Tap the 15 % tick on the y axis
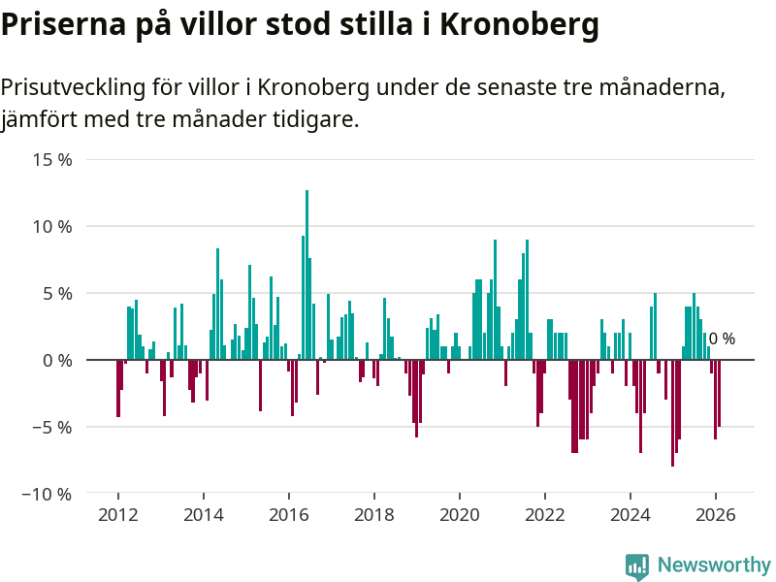click(x=50, y=160)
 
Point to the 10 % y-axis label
click(x=50, y=227)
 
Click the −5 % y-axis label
click(x=50, y=427)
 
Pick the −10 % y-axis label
click(x=47, y=494)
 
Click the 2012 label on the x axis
click(x=118, y=514)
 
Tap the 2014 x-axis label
click(x=204, y=514)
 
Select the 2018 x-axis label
click(x=374, y=514)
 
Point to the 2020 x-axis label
click(x=460, y=514)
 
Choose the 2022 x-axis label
click(x=545, y=514)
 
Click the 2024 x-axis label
click(x=630, y=514)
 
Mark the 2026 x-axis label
click(x=716, y=514)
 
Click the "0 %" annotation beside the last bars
click(x=722, y=339)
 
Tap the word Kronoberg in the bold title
click(x=520, y=25)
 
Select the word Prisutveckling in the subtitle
click(x=72, y=88)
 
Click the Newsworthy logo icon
click(x=637, y=566)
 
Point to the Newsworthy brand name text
click(x=714, y=566)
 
